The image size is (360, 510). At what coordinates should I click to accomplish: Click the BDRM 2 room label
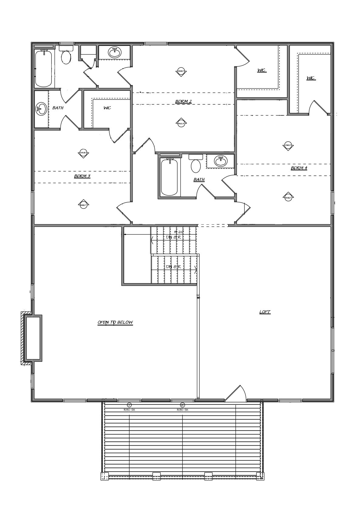[183, 101]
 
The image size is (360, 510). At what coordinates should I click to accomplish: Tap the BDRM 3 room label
[82, 176]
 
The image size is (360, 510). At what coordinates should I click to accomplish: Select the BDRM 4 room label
[299, 168]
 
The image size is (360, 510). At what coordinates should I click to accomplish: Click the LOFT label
[265, 312]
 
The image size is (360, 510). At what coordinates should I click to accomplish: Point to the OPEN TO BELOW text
[115, 322]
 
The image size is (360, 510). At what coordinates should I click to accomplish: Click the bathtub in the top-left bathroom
[43, 69]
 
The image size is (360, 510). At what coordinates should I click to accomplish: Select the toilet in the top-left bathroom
[66, 56]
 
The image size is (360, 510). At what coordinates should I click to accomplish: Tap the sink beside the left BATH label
[41, 108]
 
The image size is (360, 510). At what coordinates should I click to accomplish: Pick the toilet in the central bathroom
[196, 165]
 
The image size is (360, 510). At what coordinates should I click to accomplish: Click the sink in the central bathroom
[220, 161]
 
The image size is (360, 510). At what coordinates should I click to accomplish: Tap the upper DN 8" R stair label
[173, 237]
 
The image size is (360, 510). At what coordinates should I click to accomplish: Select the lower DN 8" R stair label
[173, 267]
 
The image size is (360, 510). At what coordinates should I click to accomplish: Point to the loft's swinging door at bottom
[236, 394]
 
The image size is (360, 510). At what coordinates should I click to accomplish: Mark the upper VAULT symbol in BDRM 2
[181, 71]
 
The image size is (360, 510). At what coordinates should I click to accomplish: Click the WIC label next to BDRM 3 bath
[107, 108]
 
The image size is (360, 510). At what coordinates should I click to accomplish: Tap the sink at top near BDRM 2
[115, 52]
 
